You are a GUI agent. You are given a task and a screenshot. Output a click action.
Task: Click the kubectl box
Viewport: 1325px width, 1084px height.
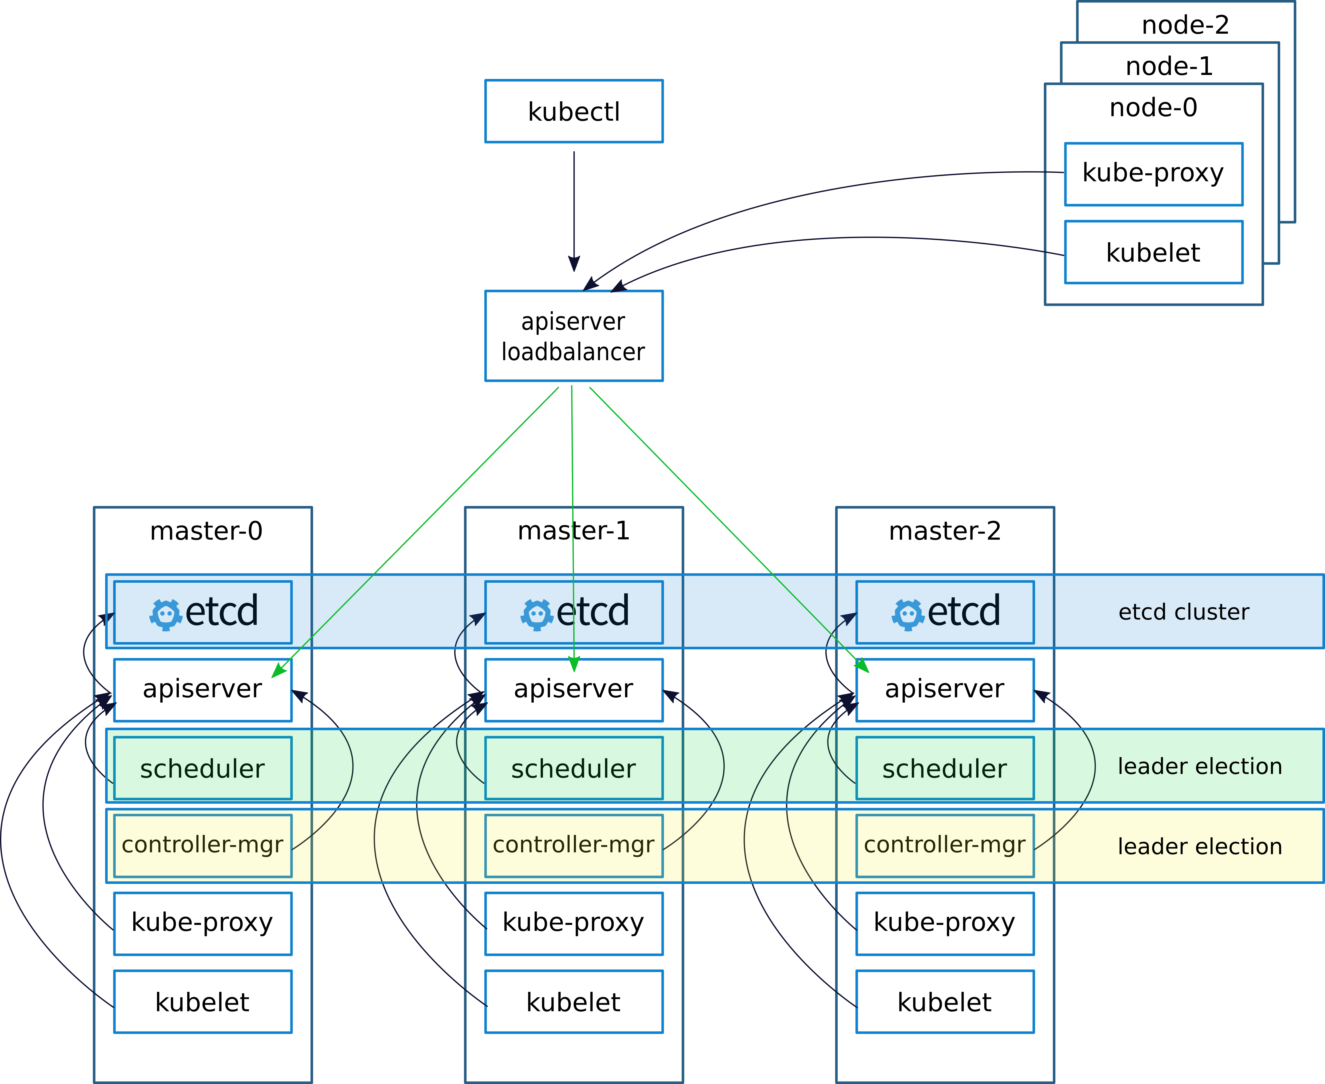click(574, 111)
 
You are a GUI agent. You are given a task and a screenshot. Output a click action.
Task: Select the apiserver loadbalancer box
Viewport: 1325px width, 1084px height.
click(574, 336)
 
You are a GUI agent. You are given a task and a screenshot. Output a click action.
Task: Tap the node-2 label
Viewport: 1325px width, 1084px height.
click(1185, 25)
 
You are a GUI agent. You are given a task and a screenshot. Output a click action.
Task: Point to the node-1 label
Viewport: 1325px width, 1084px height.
click(1169, 66)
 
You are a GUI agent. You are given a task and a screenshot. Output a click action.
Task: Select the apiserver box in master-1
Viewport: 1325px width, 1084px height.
click(574, 690)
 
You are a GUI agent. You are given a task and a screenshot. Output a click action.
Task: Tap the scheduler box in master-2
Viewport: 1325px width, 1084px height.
click(945, 768)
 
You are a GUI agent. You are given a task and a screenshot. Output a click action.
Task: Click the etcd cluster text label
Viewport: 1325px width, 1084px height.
click(1184, 612)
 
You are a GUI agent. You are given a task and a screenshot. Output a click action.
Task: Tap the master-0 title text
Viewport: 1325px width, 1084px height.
click(206, 531)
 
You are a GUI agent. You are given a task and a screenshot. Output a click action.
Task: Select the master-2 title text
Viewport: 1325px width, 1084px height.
click(945, 531)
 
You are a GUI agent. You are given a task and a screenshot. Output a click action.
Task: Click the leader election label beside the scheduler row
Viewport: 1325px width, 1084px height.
click(1200, 766)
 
